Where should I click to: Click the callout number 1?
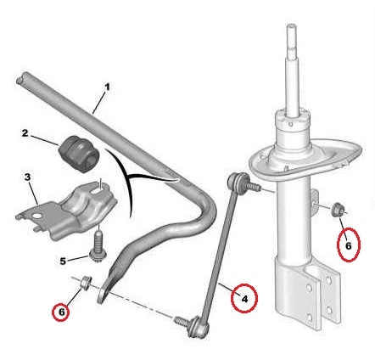107,87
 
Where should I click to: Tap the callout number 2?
25,132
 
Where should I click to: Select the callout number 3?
27,177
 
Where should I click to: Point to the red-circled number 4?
244,298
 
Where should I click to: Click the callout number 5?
63,261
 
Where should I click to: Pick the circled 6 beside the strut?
349,245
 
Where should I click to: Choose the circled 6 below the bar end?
62,312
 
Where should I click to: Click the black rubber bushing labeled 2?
79,153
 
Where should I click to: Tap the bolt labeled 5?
98,247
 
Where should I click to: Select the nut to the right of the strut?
338,210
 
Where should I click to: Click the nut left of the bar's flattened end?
86,282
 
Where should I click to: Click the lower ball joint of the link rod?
199,329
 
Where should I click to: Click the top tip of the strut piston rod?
291,26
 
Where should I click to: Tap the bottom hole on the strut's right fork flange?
328,310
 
